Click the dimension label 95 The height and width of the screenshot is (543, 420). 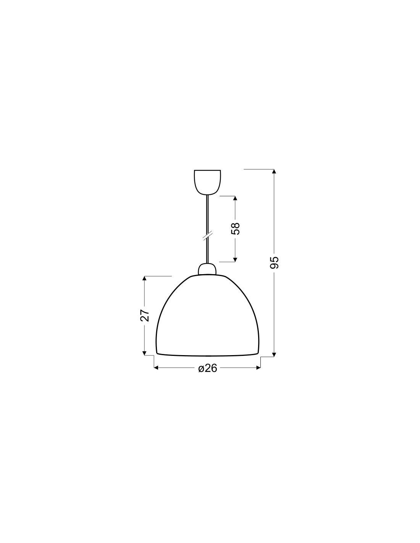point(274,262)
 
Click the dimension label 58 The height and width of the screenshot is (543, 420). point(235,228)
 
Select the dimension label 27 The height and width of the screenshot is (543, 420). point(145,315)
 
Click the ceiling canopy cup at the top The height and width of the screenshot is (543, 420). point(207,182)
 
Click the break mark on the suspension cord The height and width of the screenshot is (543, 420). point(207,236)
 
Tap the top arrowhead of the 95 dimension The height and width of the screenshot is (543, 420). point(274,171)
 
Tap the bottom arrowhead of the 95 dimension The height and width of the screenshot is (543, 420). point(274,355)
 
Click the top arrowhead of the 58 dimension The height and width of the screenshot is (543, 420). point(235,198)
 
